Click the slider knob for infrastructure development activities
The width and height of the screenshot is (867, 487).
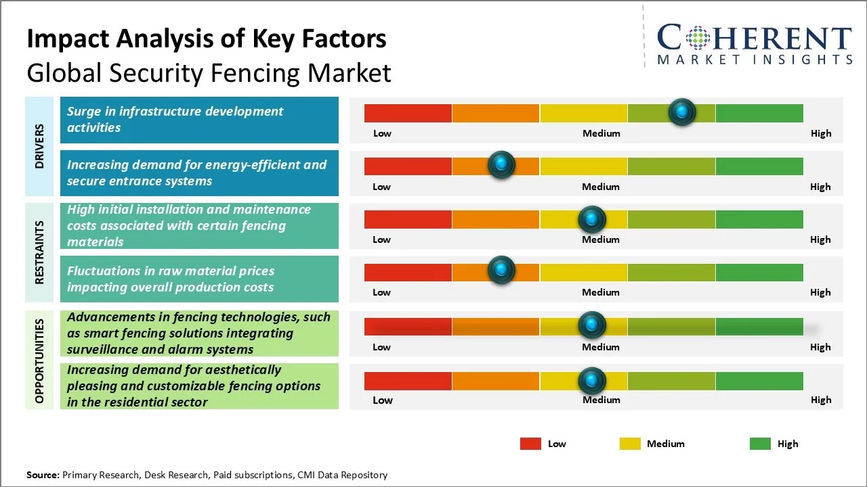coord(682,112)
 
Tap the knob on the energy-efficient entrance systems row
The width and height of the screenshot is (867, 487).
coord(501,165)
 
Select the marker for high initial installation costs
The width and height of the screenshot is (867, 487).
coord(591,219)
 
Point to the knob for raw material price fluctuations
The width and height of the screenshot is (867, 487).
coord(501,270)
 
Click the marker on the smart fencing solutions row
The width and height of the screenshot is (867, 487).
coord(591,325)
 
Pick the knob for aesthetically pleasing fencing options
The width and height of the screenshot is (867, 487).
coord(591,381)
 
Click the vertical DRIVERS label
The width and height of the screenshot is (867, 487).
coord(40,146)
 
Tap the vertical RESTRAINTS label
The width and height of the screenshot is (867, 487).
coord(40,252)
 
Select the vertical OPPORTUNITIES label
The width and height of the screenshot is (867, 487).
coord(40,361)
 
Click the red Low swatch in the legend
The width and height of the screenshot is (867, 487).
coord(530,444)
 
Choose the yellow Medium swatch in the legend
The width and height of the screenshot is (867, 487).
coord(630,444)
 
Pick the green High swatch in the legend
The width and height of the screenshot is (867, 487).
coord(760,444)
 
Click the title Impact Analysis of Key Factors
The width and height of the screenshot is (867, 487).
coord(206,39)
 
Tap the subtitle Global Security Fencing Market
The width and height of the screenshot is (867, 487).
coord(209,72)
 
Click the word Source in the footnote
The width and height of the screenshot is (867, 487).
coord(43,475)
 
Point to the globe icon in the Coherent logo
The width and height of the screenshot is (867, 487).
coord(698,39)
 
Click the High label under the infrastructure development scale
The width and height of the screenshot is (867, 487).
coord(820,133)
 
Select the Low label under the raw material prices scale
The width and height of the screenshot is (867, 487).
coord(381,292)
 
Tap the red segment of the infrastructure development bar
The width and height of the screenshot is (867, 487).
coord(408,113)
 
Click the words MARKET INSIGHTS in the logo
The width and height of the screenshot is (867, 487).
coord(755,60)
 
